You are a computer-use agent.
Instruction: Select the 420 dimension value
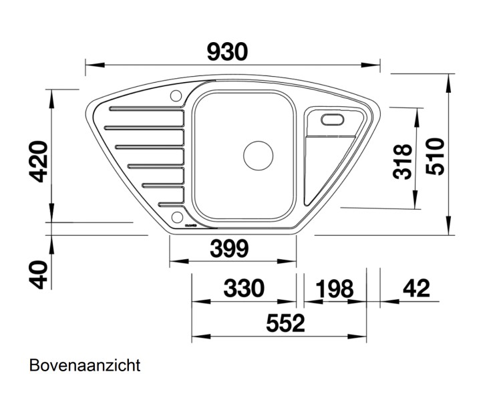coord(40,162)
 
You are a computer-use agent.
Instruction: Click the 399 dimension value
coord(229,248)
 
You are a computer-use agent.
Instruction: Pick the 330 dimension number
coord(243,288)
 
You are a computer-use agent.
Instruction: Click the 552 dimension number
coord(285,323)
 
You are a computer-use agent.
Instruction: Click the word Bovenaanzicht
coord(84,365)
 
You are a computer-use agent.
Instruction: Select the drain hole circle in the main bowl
coord(258,155)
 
